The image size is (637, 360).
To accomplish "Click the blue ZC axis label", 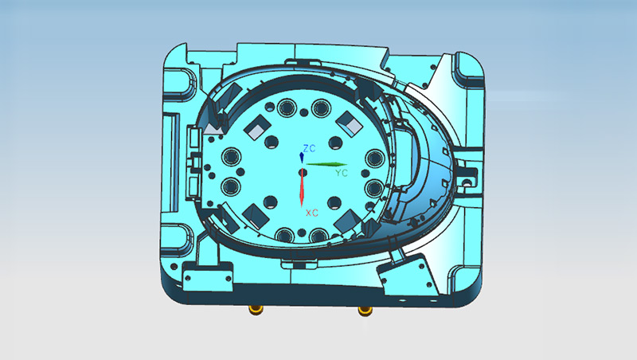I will coord(311,148).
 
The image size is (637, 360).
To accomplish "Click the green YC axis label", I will coord(342,172).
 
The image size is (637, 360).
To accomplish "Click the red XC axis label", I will coord(312,213).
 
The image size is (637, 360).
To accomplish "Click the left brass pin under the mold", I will coord(256,309).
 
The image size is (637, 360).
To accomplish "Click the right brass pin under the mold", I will coord(365,309).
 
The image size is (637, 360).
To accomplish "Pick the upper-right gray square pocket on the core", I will coord(348,122).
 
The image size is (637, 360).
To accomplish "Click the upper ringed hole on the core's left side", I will coord(232,156).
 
